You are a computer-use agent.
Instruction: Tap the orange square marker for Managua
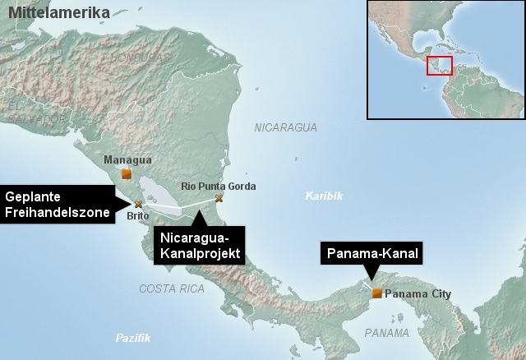126,173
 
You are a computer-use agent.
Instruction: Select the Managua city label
123,159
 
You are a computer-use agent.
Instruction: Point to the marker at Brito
138,204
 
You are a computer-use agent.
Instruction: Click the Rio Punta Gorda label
213,187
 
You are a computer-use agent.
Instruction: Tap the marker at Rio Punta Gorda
219,198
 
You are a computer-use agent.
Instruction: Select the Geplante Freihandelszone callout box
56,205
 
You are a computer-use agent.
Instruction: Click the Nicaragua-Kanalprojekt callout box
197,246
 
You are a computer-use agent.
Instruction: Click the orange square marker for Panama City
376,293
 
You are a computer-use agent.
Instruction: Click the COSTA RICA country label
171,288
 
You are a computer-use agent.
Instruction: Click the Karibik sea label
322,196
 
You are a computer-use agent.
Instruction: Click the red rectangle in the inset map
439,65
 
